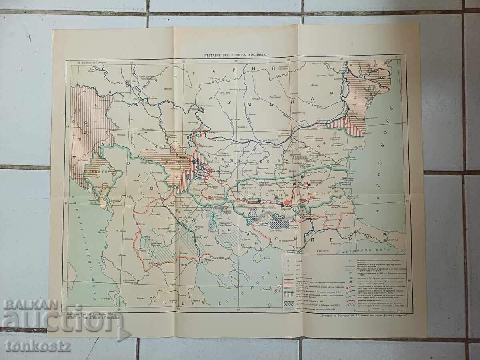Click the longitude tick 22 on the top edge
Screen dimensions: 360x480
(x=183, y=62)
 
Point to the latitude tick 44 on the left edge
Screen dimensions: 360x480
(x=68, y=126)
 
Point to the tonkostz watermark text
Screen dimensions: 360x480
(x=38, y=346)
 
